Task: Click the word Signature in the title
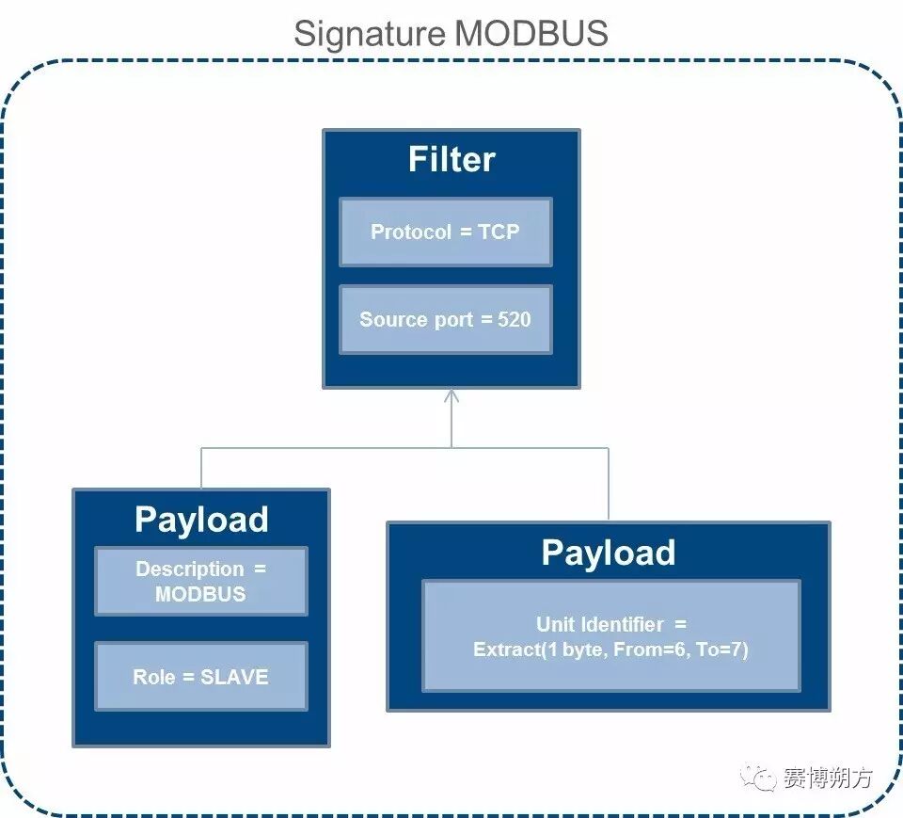coord(370,34)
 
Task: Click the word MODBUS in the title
coord(531,34)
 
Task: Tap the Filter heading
coord(451,159)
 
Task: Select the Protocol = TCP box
coord(445,232)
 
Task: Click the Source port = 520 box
coord(445,319)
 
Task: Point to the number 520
coord(515,319)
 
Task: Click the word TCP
coord(499,232)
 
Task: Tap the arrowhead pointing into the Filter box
coord(451,395)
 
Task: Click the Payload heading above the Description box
coord(201,520)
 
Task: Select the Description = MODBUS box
coord(201,582)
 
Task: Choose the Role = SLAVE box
coord(201,677)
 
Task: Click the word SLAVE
coord(235,677)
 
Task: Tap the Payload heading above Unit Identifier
coord(609,553)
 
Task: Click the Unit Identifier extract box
coord(611,636)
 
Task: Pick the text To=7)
coord(721,650)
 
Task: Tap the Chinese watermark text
coord(828,778)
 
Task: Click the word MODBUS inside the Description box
coord(201,594)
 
